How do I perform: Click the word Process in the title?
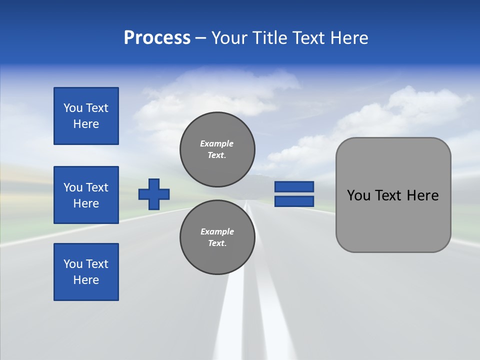[157, 38]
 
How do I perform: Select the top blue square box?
[86, 116]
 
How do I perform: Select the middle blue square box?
[86, 195]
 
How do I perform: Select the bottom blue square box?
[86, 272]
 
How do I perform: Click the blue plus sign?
[154, 194]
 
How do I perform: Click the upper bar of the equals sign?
[294, 187]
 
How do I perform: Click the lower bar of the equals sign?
[294, 201]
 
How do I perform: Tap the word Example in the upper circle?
[217, 143]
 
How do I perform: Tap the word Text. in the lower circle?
[217, 243]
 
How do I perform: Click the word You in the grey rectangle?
[358, 195]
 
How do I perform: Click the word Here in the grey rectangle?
[422, 195]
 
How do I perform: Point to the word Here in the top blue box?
[86, 124]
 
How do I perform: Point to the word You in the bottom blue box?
[73, 264]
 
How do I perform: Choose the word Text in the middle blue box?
[97, 187]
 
